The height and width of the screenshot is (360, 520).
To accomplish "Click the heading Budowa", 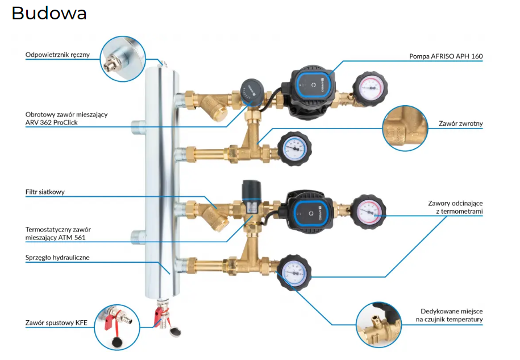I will point(49,13).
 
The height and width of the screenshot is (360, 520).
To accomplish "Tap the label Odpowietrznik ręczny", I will point(57,55).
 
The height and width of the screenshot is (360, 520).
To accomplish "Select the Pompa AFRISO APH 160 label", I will point(446,56).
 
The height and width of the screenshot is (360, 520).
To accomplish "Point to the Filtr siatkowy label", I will point(45,192).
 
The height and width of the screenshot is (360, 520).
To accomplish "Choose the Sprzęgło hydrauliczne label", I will point(57,258).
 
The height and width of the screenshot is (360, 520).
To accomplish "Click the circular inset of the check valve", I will point(404,128).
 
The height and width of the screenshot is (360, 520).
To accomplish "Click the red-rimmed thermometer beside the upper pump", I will point(370,89).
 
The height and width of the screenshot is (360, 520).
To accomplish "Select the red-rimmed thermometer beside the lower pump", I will point(369,210).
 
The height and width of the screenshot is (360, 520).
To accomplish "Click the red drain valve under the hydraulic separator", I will point(160,316).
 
